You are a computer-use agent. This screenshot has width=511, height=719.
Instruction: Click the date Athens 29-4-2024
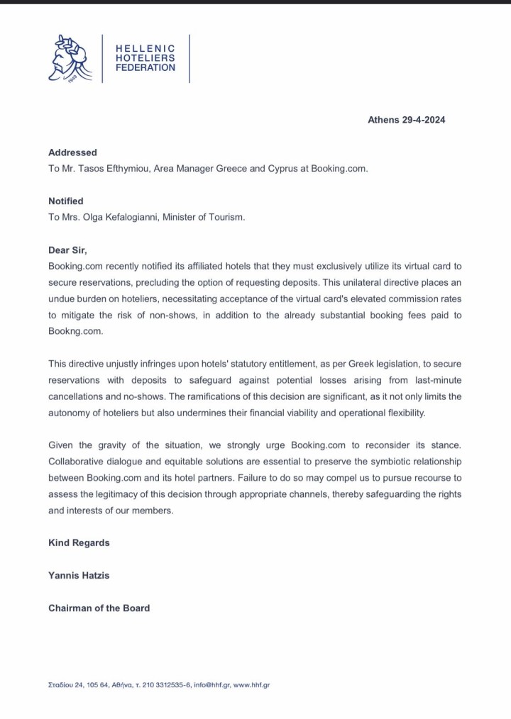[406, 120]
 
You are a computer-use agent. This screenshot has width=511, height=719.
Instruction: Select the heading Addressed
[72, 152]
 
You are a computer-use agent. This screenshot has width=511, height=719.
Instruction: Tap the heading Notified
[66, 201]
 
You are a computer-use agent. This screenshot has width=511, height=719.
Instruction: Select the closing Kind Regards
[79, 543]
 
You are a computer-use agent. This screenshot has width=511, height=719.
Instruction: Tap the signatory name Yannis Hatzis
[78, 575]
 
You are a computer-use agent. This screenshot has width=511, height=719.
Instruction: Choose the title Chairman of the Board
[99, 608]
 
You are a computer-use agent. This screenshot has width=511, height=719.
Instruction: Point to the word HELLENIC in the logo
[145, 47]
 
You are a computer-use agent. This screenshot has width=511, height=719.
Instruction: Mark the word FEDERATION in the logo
[145, 68]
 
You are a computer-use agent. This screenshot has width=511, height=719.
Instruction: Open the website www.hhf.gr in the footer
[251, 685]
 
